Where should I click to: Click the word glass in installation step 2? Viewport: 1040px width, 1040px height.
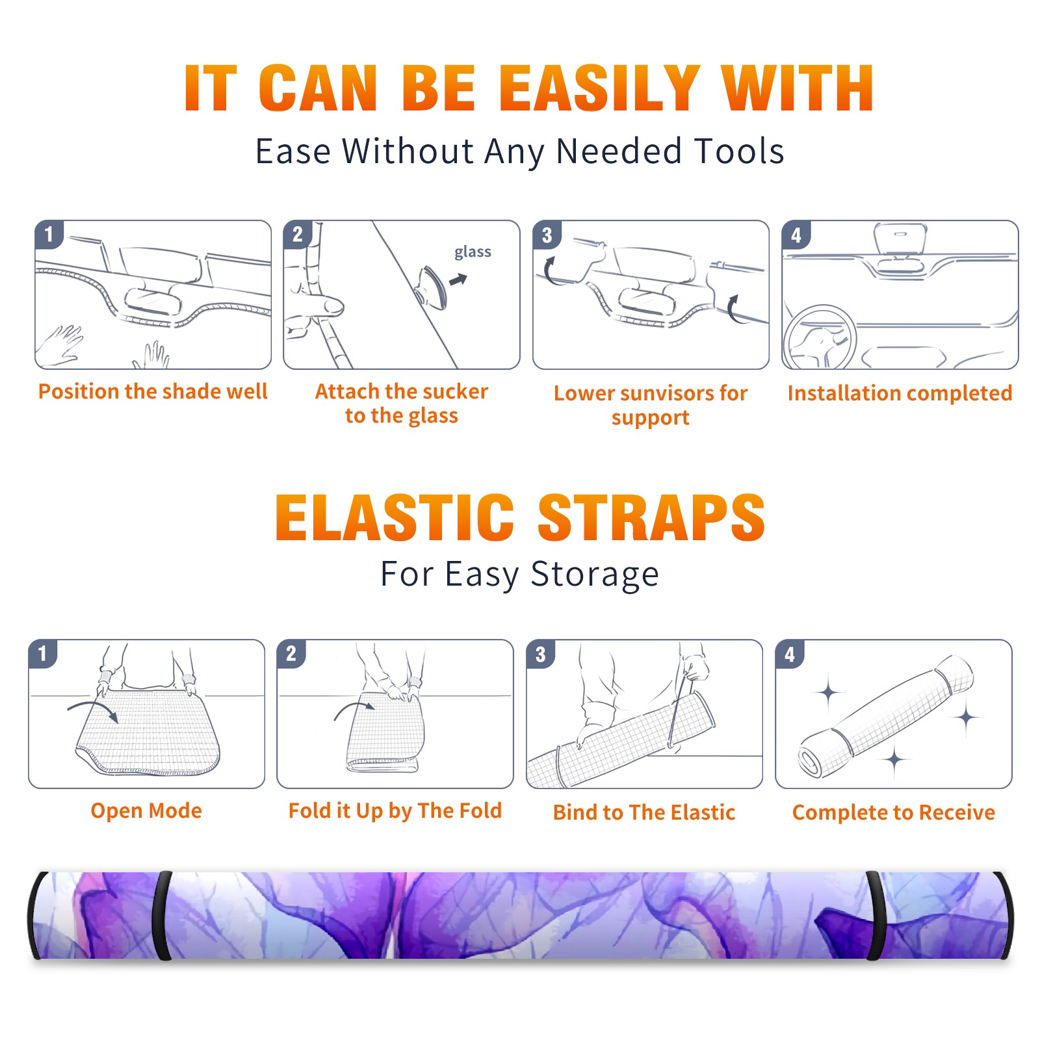(473, 252)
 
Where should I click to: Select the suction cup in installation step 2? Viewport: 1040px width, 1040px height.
(432, 287)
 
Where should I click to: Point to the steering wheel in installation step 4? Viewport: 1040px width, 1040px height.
(820, 337)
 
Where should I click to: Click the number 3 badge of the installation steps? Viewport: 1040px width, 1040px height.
(547, 235)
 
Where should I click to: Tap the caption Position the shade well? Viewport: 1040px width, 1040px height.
(153, 391)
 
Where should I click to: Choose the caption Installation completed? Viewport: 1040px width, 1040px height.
(900, 393)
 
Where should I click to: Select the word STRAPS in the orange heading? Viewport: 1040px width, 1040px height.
(651, 517)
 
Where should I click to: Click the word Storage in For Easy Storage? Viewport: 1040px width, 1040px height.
(595, 575)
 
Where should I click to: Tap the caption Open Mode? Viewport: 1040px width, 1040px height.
(146, 811)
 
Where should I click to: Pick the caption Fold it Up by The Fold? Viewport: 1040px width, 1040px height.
(395, 811)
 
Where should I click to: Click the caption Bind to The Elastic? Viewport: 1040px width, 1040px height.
(644, 812)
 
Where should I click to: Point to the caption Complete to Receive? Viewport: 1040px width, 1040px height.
(894, 812)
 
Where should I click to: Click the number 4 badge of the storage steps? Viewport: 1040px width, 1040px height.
(790, 654)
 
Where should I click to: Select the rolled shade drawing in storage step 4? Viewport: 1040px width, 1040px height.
(886, 716)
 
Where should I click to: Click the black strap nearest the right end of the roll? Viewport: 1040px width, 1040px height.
(876, 916)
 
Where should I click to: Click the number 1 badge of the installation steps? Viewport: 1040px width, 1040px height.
(49, 234)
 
